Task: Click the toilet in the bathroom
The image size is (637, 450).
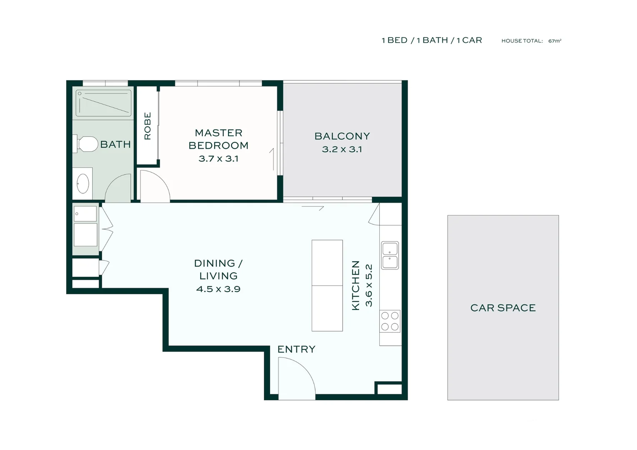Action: coord(86,144)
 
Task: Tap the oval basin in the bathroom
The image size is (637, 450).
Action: coord(83,183)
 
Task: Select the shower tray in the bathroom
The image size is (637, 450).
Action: coord(103,103)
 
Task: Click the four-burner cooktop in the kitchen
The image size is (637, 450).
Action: coord(390,321)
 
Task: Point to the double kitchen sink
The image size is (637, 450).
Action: coord(390,255)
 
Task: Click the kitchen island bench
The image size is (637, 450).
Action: coord(327,285)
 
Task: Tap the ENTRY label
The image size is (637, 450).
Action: coord(296,349)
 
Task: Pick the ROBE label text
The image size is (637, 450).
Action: coord(148,126)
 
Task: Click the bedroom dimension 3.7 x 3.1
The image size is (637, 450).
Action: coord(218,158)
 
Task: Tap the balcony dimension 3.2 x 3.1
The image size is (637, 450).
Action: coord(342,149)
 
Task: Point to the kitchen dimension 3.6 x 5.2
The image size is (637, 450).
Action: coord(369,285)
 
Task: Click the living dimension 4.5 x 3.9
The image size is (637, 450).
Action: coord(218,289)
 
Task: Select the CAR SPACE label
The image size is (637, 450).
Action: coord(503,307)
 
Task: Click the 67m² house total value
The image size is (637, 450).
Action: coord(554,41)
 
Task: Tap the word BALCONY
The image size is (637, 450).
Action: coord(342,136)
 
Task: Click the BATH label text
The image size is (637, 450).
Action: coord(115,144)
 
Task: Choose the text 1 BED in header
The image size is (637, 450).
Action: coord(394,40)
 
